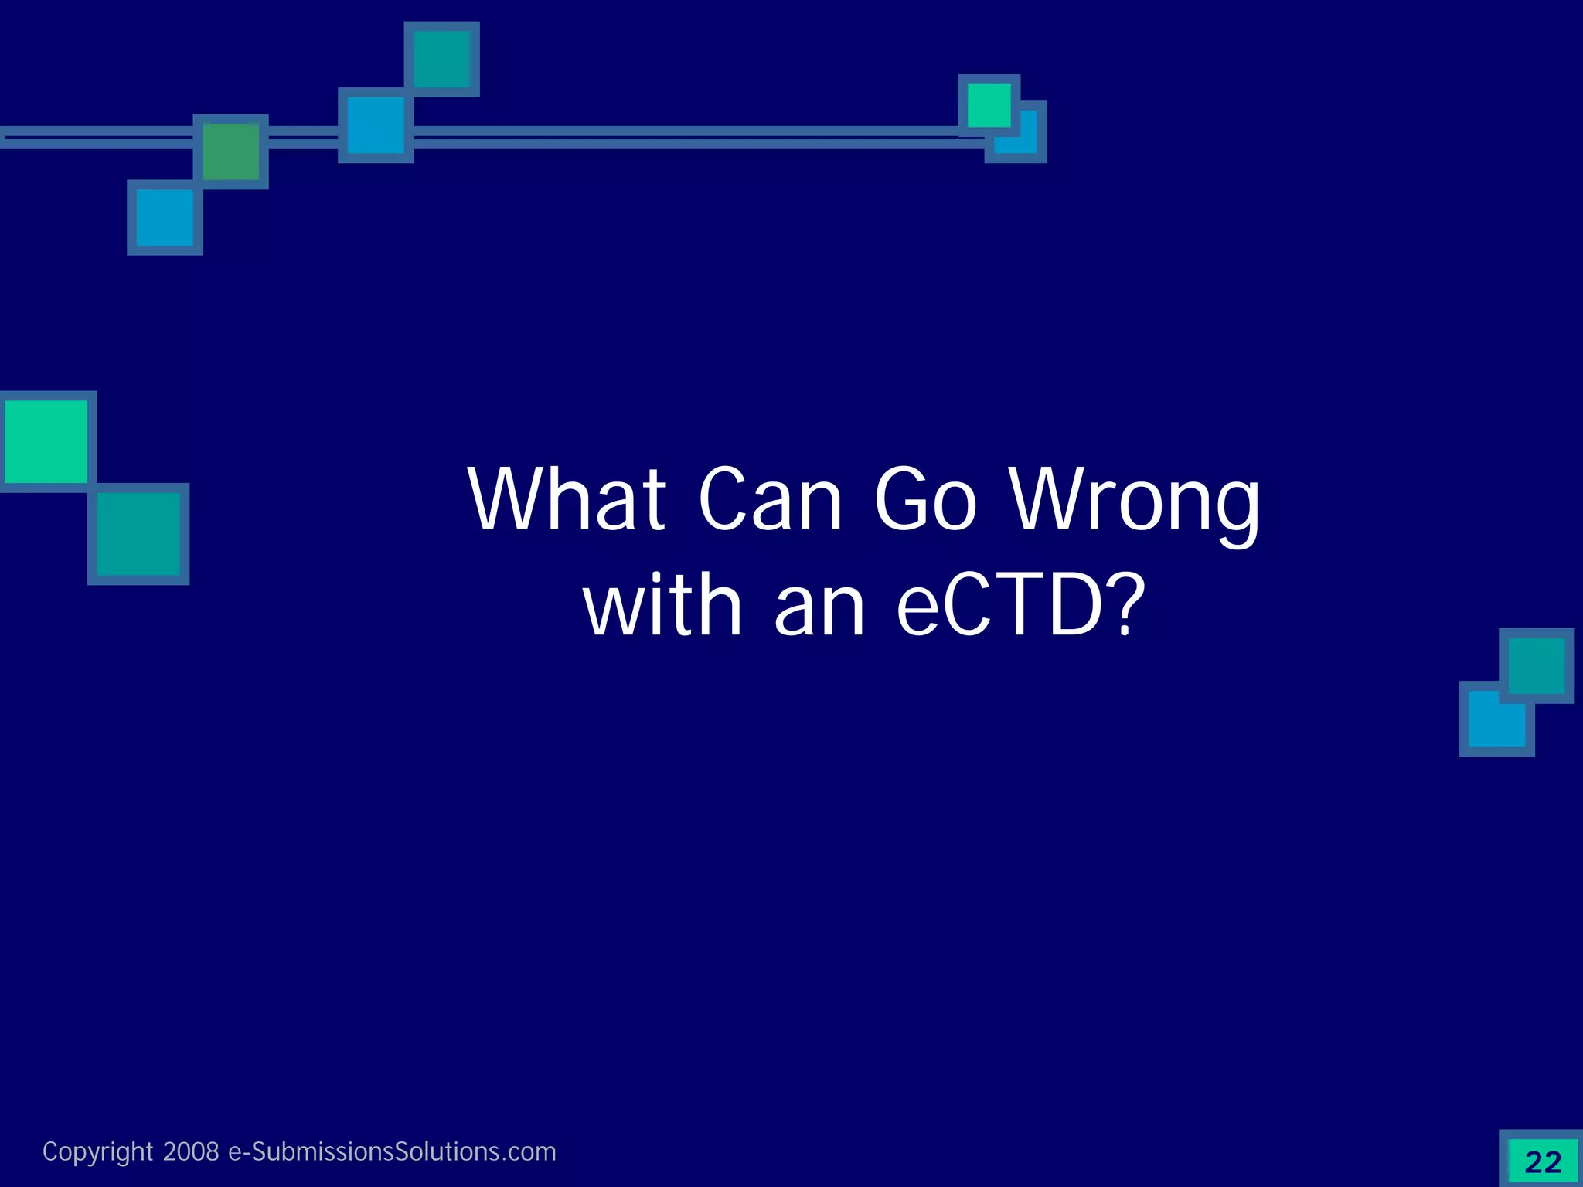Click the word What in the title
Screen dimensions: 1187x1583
[x=567, y=500]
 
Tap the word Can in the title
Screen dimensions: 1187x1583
[x=770, y=500]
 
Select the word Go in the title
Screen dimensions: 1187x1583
[x=926, y=500]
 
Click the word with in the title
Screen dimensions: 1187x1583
[x=663, y=606]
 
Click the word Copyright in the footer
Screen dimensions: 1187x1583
[x=97, y=1151]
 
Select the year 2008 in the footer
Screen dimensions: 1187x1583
[x=191, y=1151]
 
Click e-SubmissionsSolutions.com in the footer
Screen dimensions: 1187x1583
[x=392, y=1151]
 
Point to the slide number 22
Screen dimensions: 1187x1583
[x=1543, y=1161]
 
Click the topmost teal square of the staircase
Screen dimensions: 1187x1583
[x=442, y=59]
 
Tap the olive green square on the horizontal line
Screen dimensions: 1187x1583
[x=230, y=151]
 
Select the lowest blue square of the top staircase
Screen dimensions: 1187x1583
[x=165, y=217]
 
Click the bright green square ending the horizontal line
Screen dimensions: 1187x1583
[x=989, y=105]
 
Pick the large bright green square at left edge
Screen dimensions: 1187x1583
[x=46, y=441]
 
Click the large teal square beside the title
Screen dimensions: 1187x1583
[x=138, y=534]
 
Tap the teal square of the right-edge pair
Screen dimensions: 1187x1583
[x=1537, y=665]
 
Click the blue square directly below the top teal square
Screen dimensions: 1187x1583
[x=376, y=125]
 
